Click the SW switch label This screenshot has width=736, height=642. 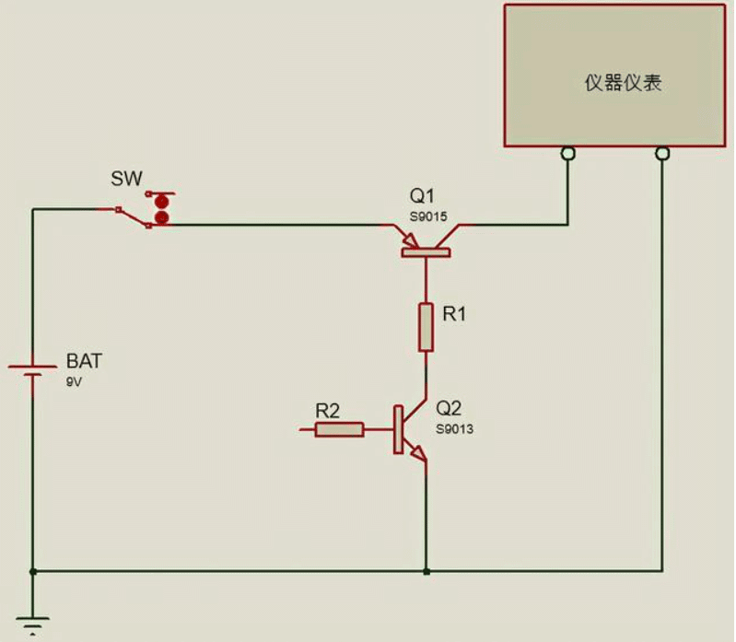coord(127,178)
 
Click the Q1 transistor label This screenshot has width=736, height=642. coord(422,196)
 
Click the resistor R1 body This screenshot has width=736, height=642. coord(426,327)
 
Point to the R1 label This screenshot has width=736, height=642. coord(455,315)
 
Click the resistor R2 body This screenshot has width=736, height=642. coord(339,429)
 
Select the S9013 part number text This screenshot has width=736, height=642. coord(455,429)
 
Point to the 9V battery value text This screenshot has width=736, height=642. coord(74,381)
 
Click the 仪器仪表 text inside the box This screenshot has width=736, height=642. coord(624,83)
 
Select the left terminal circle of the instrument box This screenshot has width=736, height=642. coord(568,153)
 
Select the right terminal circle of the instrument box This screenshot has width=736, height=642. coord(661,153)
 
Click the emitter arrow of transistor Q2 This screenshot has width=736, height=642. coord(418,453)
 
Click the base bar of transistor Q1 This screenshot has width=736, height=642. coord(426,251)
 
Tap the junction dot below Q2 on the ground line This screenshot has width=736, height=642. coord(426,571)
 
